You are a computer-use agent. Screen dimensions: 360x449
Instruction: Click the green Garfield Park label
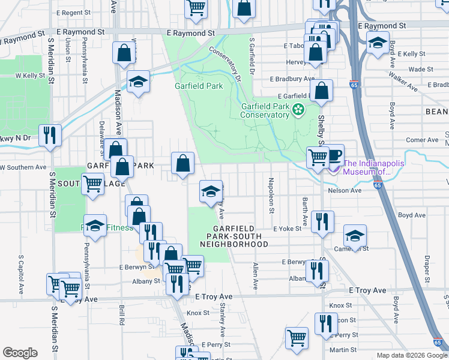pos(199,86)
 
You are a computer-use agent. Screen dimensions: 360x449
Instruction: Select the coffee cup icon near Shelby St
pos(334,155)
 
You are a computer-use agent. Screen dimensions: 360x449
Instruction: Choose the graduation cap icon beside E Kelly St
pos(377,44)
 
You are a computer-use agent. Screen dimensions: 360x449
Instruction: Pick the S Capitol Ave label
pos(20,274)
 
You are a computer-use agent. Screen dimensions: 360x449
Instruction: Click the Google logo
pos(20,353)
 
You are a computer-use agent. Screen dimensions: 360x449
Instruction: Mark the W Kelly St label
pos(27,76)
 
